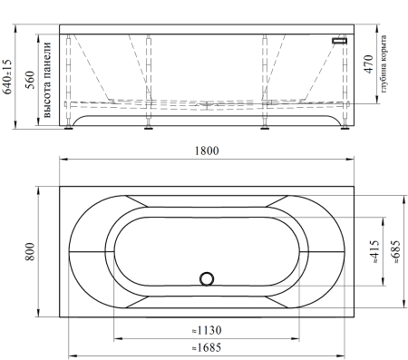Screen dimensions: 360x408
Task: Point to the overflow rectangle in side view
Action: (341, 42)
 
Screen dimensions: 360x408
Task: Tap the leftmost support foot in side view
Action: (70, 128)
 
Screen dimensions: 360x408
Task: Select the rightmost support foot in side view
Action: (344, 128)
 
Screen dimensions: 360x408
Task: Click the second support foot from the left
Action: (147, 128)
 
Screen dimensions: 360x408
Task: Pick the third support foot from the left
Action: (265, 128)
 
